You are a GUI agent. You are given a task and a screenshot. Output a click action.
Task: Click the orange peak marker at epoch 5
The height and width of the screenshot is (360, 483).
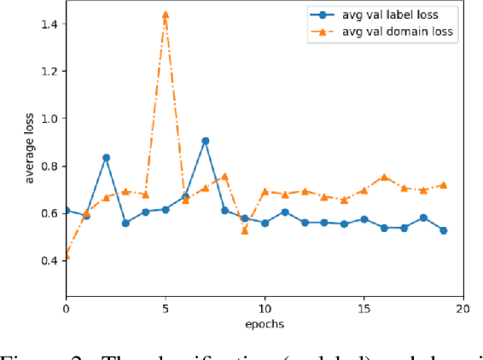click(165, 15)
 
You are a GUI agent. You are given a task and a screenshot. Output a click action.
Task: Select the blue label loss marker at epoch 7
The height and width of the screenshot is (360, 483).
click(205, 141)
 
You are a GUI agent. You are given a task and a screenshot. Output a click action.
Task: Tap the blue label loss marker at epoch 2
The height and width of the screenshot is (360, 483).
click(106, 157)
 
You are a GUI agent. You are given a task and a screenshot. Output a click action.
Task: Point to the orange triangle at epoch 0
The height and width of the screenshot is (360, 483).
click(67, 256)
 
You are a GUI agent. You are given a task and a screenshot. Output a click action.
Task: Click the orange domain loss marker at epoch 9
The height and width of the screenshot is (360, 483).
click(245, 230)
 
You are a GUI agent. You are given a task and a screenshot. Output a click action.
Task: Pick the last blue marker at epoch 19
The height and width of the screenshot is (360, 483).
click(443, 230)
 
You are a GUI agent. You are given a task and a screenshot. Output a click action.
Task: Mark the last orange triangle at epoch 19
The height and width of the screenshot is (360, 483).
click(443, 184)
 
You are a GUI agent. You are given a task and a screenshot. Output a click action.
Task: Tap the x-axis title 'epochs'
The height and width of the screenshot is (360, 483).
click(265, 323)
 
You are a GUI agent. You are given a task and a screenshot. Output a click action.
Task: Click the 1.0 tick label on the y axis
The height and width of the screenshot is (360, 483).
click(49, 119)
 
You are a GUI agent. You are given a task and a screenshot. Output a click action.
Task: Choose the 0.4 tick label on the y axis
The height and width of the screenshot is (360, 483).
click(49, 260)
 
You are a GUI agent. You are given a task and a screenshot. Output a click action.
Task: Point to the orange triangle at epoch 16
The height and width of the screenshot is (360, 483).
click(384, 177)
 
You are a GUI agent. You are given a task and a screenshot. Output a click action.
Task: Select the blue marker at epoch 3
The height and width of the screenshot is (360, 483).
click(125, 224)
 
